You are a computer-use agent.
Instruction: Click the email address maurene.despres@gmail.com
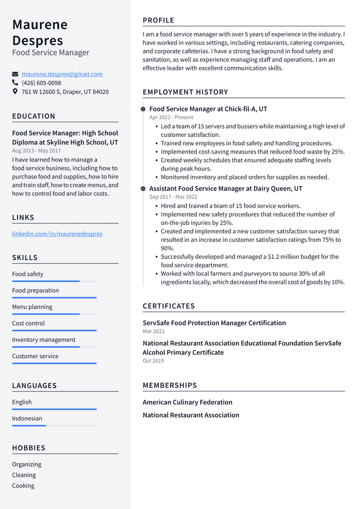tap(62, 74)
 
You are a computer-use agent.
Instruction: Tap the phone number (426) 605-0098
tap(41, 83)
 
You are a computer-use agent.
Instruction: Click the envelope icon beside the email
tap(15, 74)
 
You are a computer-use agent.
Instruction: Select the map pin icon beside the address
tap(15, 91)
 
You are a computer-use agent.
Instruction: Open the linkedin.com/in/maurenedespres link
tap(57, 234)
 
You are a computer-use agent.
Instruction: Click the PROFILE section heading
tap(159, 20)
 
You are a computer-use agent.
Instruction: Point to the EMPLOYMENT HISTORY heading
tap(185, 92)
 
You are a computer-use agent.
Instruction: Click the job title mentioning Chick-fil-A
tap(208, 109)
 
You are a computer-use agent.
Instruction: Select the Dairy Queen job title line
tap(226, 188)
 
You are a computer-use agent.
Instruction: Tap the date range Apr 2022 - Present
tap(171, 118)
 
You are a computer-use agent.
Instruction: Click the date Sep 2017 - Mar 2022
tap(173, 197)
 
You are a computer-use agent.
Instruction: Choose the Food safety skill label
tap(28, 274)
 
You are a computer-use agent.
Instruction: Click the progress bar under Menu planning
tap(54, 314)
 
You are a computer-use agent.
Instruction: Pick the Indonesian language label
tap(27, 418)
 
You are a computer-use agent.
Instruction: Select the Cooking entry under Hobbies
tap(23, 485)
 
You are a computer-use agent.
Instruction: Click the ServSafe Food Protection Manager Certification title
tap(214, 323)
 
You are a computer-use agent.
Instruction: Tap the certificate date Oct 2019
tap(153, 361)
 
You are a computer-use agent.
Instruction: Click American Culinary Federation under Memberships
tap(187, 402)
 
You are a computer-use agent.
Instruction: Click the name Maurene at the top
tap(40, 25)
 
